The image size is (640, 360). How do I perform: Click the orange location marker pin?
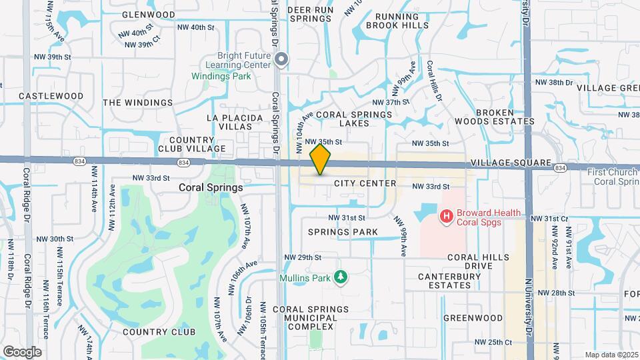(321, 159)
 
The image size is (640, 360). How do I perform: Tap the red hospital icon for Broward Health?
(445, 216)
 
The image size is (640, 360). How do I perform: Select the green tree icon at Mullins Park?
(341, 276)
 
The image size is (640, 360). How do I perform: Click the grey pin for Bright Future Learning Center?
(282, 61)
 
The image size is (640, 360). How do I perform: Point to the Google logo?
(22, 351)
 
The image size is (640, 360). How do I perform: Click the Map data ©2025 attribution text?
(611, 355)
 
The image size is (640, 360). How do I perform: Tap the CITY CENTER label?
(365, 183)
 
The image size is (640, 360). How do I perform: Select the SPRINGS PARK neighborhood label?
(343, 232)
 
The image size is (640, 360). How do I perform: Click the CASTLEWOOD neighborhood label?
(51, 96)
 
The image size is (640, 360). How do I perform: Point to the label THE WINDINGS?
(138, 103)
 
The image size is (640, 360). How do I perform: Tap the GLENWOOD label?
(149, 15)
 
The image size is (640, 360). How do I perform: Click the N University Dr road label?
(528, 307)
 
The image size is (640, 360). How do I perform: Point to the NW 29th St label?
(303, 257)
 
